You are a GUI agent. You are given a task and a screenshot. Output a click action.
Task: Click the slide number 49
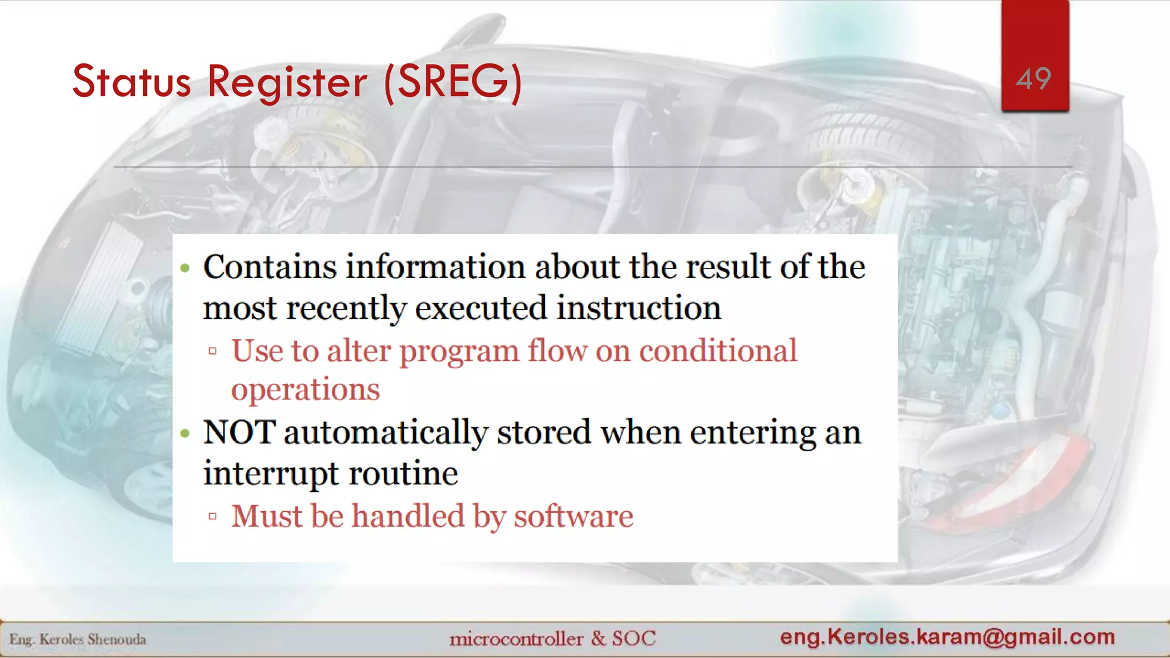[x=1033, y=78]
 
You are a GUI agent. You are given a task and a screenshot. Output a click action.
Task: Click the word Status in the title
[x=131, y=82]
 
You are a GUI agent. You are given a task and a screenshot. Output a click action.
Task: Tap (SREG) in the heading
[x=453, y=82]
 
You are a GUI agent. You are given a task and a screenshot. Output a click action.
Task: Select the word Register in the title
[x=287, y=82]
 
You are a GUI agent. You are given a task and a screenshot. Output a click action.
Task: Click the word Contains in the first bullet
[x=270, y=267]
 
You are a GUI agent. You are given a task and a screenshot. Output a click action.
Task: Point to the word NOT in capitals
[x=239, y=432]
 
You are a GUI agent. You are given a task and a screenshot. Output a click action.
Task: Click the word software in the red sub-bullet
[x=573, y=516]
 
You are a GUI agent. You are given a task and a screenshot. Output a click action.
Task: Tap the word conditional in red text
[x=718, y=351]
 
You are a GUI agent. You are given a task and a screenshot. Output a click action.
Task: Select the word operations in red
[x=305, y=390]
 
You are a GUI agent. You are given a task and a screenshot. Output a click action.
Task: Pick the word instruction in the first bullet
[x=639, y=308]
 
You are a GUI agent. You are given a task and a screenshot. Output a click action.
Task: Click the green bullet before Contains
[x=185, y=268]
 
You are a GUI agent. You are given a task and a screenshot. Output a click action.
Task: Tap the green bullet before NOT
[x=185, y=434]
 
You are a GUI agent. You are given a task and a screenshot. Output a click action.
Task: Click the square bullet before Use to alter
[x=213, y=351]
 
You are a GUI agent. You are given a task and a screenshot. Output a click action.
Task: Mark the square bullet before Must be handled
[x=213, y=517]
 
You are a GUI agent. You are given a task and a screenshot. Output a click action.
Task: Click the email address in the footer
[x=947, y=636]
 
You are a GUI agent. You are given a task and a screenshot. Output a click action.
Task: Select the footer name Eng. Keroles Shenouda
[x=78, y=639]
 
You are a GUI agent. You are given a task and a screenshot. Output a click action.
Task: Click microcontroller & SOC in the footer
[x=552, y=638]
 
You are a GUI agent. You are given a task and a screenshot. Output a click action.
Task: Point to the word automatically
[x=386, y=432]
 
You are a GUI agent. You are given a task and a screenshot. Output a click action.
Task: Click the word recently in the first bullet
[x=354, y=308]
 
